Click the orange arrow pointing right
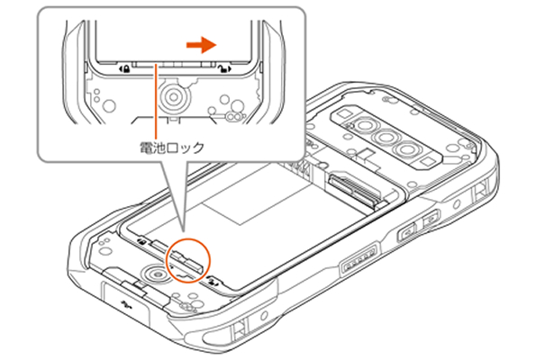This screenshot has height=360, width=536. (202, 45)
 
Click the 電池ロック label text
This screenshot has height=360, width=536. (172, 148)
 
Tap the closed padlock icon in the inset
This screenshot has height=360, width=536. (125, 69)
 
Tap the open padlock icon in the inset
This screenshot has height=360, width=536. (225, 69)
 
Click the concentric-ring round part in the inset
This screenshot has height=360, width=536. (173, 97)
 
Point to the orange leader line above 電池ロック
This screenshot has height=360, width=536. (156, 102)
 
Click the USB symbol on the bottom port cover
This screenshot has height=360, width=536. (126, 303)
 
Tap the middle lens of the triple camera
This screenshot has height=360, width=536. (386, 138)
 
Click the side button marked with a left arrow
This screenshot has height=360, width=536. (407, 232)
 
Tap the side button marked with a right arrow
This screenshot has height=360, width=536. (432, 219)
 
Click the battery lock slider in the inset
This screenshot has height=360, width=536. (174, 65)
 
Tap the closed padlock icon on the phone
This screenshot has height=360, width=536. (141, 242)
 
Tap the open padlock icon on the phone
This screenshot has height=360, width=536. (213, 282)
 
